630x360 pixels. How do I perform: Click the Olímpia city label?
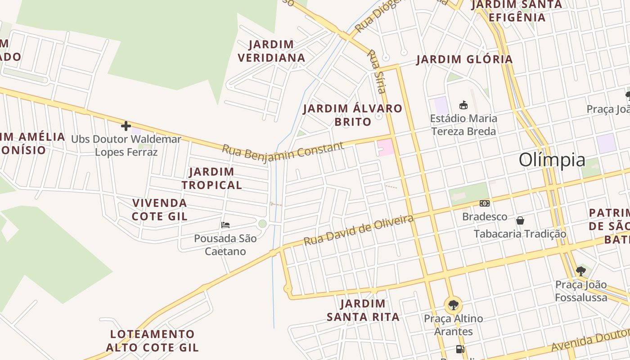click(x=552, y=160)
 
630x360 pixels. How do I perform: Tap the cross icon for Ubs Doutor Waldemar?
click(x=126, y=126)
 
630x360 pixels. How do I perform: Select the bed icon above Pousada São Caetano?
click(x=225, y=225)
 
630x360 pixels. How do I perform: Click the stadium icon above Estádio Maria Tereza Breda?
click(x=463, y=105)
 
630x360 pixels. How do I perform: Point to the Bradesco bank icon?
click(x=484, y=203)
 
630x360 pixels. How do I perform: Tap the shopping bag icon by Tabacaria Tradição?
click(x=520, y=220)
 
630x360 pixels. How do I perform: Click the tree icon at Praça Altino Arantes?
click(x=453, y=305)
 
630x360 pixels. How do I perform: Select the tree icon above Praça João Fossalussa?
click(x=581, y=271)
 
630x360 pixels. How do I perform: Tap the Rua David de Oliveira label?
click(x=358, y=230)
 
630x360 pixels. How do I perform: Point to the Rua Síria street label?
click(x=377, y=71)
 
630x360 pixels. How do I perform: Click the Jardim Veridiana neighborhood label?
click(x=271, y=51)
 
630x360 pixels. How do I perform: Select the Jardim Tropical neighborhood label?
click(x=211, y=178)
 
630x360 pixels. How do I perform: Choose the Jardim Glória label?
click(x=464, y=59)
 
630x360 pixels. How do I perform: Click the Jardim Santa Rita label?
click(x=363, y=310)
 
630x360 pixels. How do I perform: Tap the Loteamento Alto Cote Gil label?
click(x=152, y=341)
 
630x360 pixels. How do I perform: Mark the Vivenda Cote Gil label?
click(x=160, y=210)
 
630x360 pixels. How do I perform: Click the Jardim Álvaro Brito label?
click(x=352, y=115)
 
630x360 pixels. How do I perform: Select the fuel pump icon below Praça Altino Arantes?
click(x=460, y=349)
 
